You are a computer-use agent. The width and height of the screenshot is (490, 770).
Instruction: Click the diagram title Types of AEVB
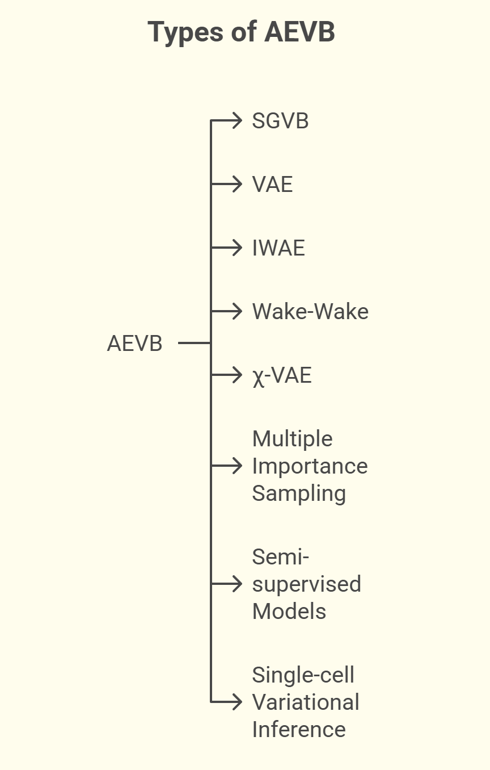(241, 32)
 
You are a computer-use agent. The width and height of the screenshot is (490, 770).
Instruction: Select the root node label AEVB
(134, 344)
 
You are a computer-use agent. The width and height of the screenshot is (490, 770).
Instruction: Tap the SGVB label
(280, 121)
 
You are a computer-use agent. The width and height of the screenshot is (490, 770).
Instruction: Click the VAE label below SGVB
(272, 185)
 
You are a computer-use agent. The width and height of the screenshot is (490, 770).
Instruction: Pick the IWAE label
(278, 248)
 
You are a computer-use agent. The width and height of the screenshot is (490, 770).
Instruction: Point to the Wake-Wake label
(310, 312)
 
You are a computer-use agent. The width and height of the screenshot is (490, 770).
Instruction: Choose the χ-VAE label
(282, 375)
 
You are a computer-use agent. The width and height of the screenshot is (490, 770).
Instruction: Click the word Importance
(310, 466)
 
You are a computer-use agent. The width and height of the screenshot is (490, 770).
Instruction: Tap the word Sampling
(299, 493)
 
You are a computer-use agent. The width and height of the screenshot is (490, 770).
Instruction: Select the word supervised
(306, 584)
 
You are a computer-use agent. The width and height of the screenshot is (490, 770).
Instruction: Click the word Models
(289, 612)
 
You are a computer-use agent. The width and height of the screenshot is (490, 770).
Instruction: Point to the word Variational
(306, 702)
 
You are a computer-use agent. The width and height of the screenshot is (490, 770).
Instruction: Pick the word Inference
(299, 730)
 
